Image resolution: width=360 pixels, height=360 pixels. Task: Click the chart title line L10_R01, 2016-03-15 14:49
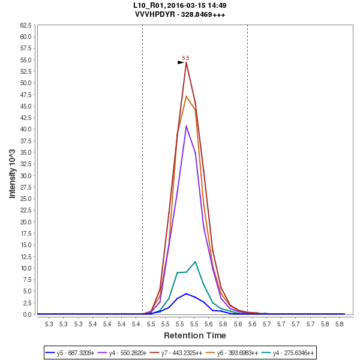tap(180, 5)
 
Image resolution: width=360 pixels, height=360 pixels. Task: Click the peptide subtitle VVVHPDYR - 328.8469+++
tap(180, 14)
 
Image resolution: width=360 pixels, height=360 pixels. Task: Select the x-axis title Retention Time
tap(195, 335)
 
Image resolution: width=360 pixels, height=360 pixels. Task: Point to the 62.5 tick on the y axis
tap(26, 25)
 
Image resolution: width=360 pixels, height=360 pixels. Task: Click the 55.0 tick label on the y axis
tap(26, 60)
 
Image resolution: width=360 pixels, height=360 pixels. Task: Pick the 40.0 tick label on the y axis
tap(26, 129)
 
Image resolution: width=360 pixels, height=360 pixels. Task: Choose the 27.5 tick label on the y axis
tap(26, 187)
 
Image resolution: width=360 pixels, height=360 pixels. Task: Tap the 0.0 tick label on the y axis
tap(28, 314)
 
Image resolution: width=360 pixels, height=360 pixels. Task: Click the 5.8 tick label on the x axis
tap(339, 324)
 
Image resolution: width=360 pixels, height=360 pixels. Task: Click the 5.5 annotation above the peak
tap(185, 58)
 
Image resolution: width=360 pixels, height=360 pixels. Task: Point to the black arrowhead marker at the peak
tap(181, 62)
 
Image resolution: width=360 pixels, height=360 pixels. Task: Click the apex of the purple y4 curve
tap(187, 126)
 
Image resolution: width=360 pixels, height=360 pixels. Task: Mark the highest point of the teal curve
tap(195, 262)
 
